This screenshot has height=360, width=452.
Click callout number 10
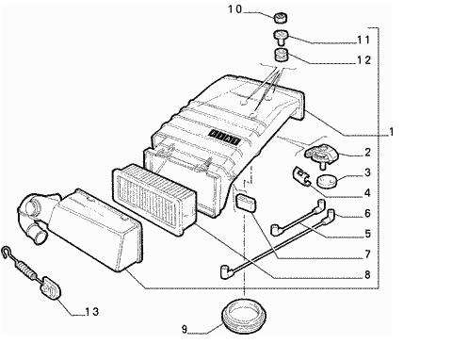pos(234,9)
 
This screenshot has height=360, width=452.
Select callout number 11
pos(363,40)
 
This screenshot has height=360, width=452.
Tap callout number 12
pos(364,60)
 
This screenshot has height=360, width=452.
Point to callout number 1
pos(391,132)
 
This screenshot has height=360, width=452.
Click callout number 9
pos(185,330)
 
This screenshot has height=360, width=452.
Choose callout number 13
pos(92,312)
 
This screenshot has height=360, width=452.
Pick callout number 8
pos(367,275)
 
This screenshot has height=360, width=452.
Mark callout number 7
pos(367,254)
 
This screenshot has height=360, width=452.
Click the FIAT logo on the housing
pos(224,138)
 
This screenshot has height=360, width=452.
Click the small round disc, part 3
pos(327,182)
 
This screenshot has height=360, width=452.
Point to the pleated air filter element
pos(153,198)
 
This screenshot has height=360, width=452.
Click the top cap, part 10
pos(280,17)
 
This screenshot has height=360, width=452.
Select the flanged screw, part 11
pos(281,37)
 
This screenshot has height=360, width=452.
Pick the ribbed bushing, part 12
pos(281,56)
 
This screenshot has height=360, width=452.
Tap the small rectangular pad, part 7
pos(246,203)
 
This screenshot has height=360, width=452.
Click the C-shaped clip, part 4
pos(300,176)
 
